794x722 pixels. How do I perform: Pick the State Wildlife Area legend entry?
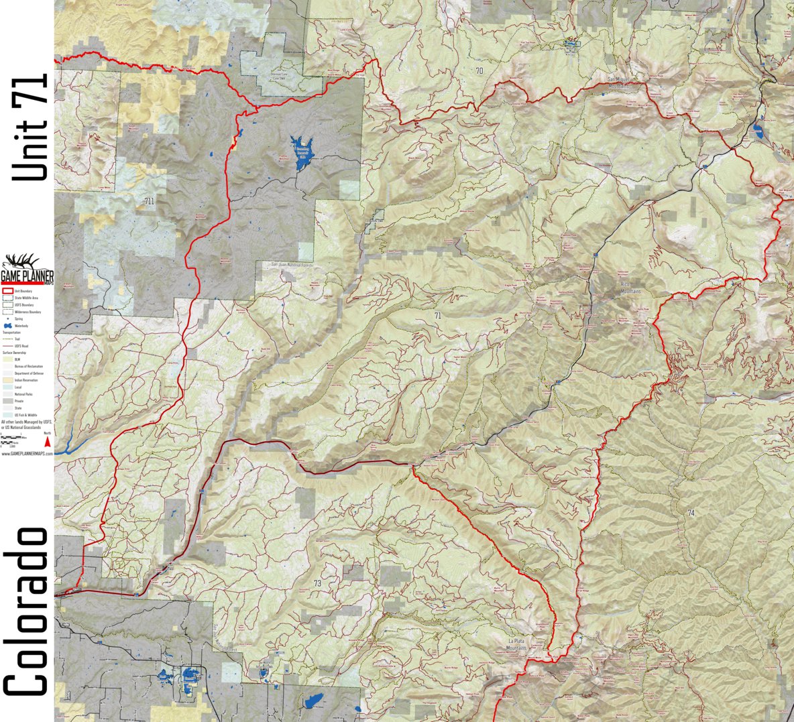[20, 298]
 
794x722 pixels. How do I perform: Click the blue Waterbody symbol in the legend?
[8, 325]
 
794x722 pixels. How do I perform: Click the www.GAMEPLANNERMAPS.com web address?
[27, 454]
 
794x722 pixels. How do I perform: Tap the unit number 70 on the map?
[479, 70]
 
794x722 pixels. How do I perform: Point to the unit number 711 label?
[149, 200]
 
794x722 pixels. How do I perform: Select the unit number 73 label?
[317, 583]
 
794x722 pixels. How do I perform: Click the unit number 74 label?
[691, 513]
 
